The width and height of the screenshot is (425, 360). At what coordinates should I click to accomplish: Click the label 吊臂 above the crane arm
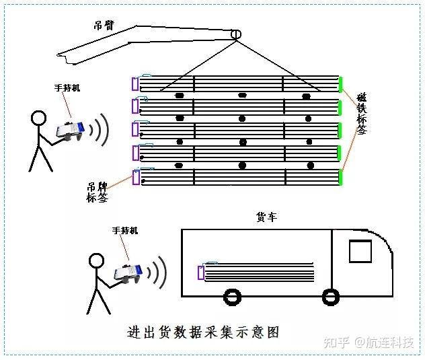tap(104, 26)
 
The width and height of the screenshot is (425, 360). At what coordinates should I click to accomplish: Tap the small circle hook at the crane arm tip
tap(236, 34)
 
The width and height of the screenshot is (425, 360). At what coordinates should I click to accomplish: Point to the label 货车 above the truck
tap(266, 217)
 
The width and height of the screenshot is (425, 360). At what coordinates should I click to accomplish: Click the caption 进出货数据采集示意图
tap(202, 332)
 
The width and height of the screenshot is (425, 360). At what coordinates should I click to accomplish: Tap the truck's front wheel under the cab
tap(330, 296)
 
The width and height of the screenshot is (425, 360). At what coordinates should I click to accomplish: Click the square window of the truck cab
tap(360, 251)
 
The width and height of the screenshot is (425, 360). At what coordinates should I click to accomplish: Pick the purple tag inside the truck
tap(200, 272)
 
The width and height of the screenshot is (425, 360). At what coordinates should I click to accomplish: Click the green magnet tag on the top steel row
tap(340, 84)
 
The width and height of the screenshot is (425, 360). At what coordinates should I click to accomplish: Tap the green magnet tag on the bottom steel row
tap(340, 177)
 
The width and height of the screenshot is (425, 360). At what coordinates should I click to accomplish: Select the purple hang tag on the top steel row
tap(135, 84)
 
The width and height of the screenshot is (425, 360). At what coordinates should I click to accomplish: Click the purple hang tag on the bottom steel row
tap(137, 178)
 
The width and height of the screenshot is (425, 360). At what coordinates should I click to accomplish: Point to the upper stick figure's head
tap(39, 119)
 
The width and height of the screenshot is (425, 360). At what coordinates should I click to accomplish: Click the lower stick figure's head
tap(96, 260)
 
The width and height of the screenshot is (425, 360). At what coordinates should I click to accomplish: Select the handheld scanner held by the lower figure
tap(128, 273)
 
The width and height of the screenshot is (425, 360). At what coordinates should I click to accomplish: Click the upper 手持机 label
tap(67, 88)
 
